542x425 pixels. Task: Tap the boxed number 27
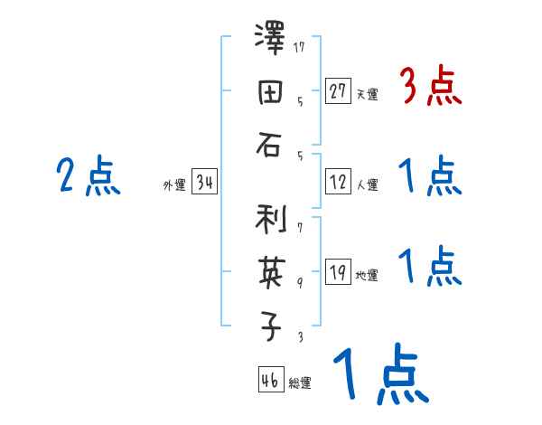338,90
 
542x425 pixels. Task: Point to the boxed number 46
270,381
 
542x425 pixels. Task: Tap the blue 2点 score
89,177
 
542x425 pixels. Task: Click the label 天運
367,94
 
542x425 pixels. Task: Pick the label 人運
367,185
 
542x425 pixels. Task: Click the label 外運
174,185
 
